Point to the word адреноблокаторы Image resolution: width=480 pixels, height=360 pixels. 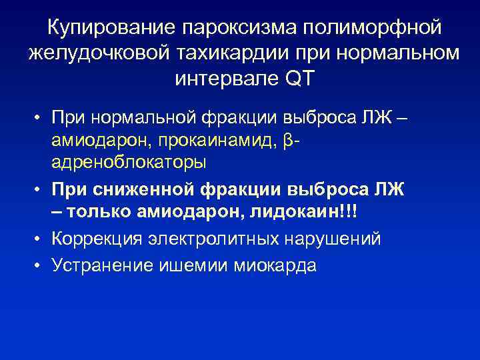(x=127, y=162)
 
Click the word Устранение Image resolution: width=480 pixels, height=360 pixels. (x=103, y=265)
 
